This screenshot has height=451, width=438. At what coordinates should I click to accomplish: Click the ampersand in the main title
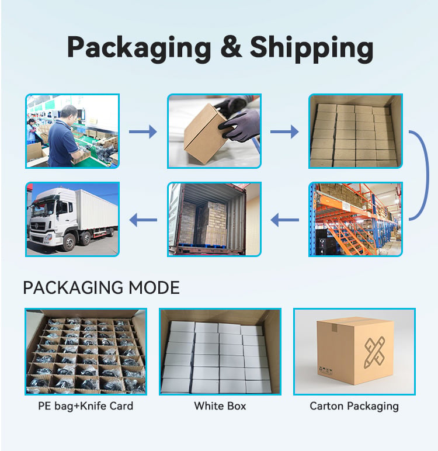click(x=231, y=47)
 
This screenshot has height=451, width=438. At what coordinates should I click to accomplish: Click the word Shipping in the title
click(x=311, y=49)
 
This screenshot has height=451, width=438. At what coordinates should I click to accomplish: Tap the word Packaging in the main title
click(x=139, y=49)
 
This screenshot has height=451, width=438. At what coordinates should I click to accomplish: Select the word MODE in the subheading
click(x=154, y=287)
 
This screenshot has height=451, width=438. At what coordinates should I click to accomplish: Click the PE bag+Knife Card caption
click(x=86, y=406)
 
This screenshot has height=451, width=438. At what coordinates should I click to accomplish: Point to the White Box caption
click(x=220, y=406)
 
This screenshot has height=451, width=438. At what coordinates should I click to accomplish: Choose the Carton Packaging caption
click(x=354, y=407)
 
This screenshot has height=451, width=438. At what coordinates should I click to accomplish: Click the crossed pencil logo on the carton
click(x=374, y=352)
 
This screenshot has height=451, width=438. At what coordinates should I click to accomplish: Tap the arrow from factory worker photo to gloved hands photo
click(x=143, y=131)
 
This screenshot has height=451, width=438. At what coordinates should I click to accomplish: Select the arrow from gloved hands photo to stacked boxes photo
click(x=284, y=131)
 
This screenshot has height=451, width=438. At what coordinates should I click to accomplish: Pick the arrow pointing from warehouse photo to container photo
click(x=284, y=220)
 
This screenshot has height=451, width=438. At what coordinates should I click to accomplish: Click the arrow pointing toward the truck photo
click(x=143, y=220)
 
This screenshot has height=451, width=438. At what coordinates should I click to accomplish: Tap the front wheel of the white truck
click(x=69, y=242)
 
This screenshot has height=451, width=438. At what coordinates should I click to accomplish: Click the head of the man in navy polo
click(x=69, y=113)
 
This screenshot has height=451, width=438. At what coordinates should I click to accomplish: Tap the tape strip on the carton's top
click(x=334, y=327)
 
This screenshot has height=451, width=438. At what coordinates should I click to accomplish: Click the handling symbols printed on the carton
click(x=325, y=370)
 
